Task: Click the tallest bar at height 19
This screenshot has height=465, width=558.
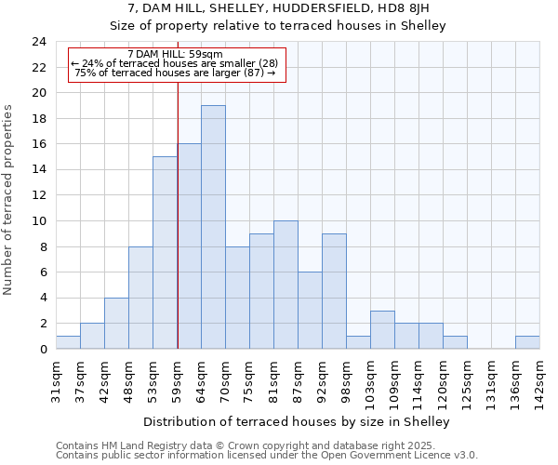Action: [213, 227]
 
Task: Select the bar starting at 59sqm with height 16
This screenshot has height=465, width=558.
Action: [189, 246]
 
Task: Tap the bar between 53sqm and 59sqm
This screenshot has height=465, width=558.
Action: [165, 253]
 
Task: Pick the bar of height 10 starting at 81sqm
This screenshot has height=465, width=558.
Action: [286, 285]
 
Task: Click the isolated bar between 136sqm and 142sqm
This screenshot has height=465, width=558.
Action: [527, 342]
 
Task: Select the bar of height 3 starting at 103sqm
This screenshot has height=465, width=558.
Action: [382, 329]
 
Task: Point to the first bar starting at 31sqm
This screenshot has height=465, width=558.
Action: [68, 342]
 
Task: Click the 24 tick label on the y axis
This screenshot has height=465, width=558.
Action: [38, 42]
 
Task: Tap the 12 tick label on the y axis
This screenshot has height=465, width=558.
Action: [38, 195]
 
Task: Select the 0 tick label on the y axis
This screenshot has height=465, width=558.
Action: [42, 349]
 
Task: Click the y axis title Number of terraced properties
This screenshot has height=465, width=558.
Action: [9, 200]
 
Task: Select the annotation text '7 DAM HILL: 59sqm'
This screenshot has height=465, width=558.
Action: [174, 54]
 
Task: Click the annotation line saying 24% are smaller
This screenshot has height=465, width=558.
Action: [174, 63]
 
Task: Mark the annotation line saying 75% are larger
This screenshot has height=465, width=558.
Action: [174, 73]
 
